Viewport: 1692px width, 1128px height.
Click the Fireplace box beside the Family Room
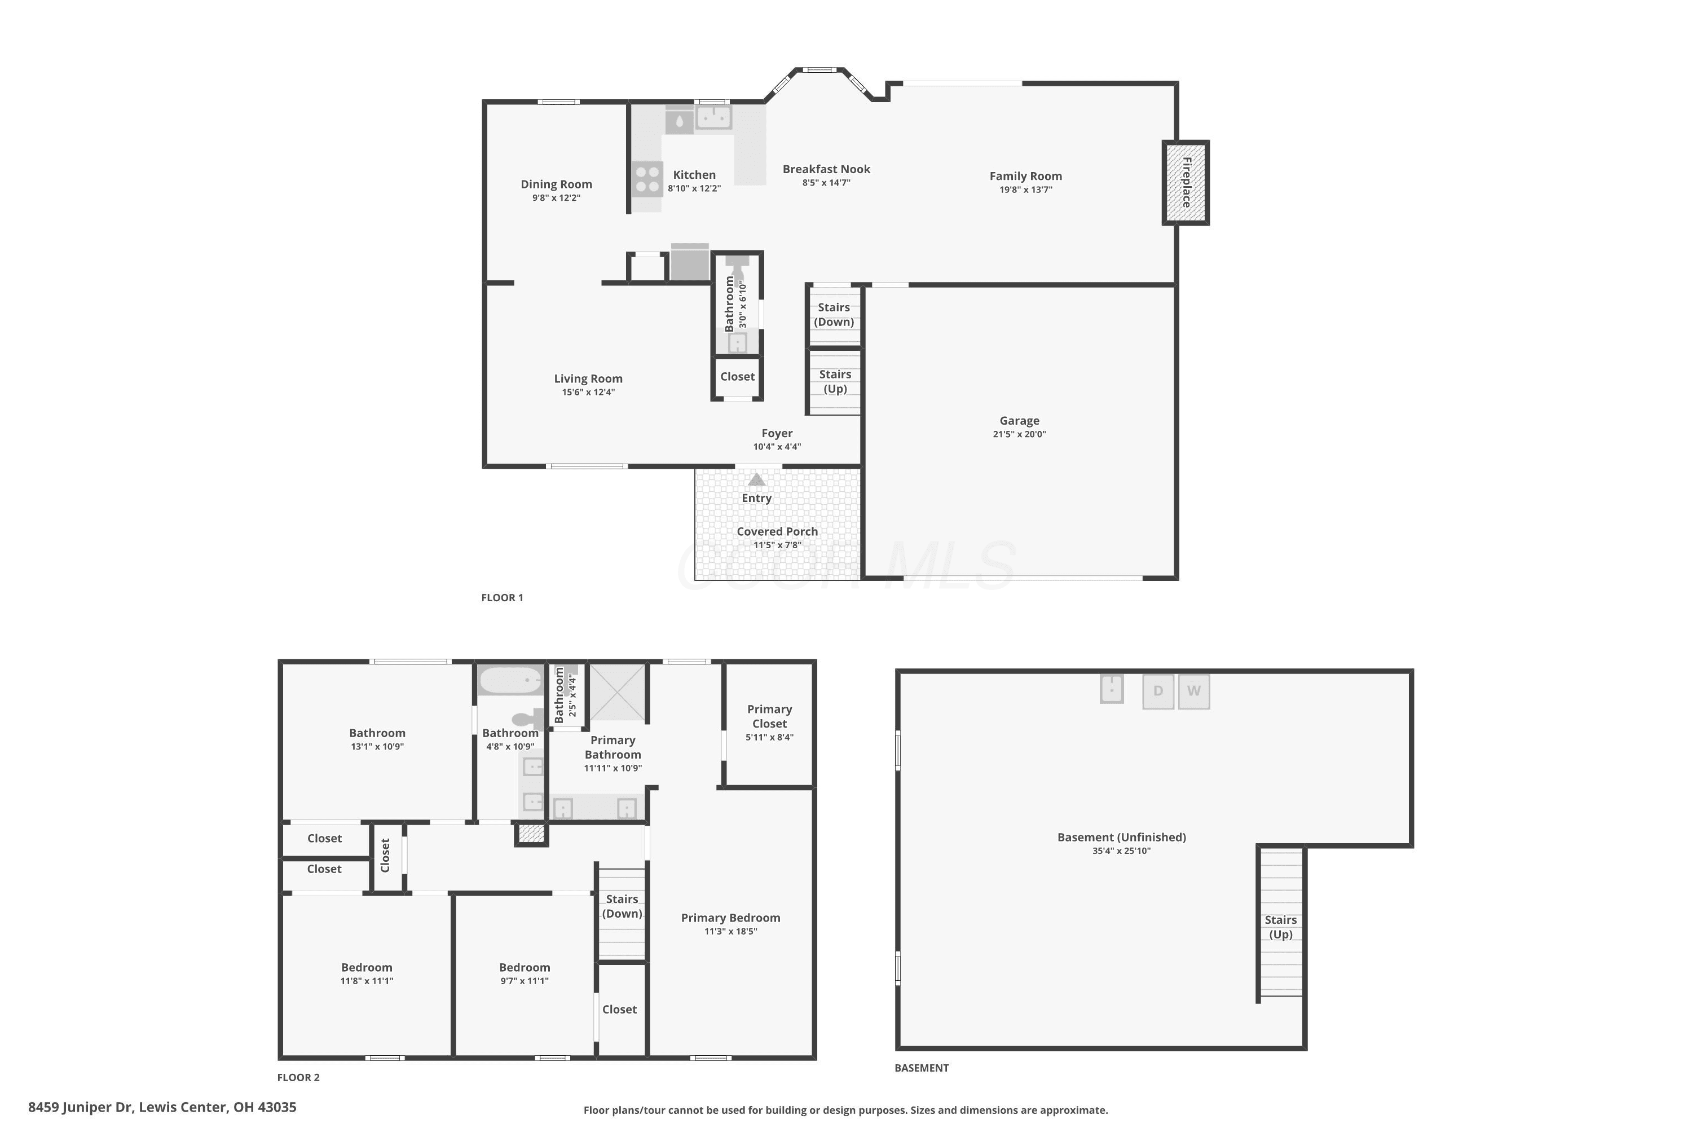[x=1186, y=183]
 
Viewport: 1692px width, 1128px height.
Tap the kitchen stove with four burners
[x=647, y=179]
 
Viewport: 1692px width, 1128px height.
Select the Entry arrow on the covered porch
[x=757, y=479]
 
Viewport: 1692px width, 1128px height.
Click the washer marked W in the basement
[x=1193, y=691]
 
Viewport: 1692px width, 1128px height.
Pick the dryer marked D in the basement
[x=1158, y=691]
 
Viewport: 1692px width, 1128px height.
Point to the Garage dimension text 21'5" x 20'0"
[x=1019, y=434]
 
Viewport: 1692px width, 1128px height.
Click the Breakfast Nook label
[x=827, y=169]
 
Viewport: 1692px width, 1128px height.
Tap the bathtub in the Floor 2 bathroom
[x=511, y=680]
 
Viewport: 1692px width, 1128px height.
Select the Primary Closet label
[x=770, y=716]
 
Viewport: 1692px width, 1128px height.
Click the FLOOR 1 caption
[x=502, y=598]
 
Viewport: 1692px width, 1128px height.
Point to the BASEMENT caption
[x=922, y=1068]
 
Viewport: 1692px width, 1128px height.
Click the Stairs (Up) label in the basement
[x=1280, y=927]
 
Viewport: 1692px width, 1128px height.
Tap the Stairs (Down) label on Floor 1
[x=834, y=314]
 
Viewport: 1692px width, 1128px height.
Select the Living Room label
[x=588, y=378]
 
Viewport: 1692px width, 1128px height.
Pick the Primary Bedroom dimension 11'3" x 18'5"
[x=731, y=932]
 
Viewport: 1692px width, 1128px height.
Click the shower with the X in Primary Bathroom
[x=618, y=692]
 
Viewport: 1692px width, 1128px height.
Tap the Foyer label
[x=777, y=433]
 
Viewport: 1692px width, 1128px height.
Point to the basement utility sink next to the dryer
[x=1112, y=689]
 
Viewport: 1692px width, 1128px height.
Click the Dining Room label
[x=557, y=184]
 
